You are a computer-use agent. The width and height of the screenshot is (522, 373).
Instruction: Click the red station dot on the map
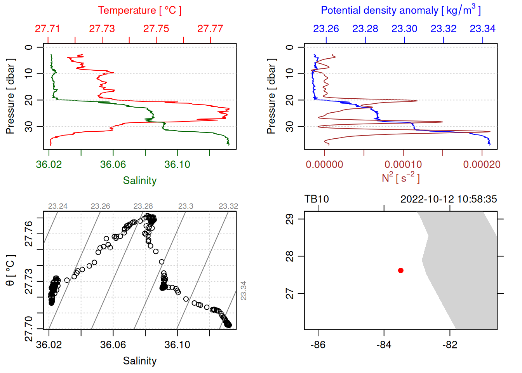pos(401,270)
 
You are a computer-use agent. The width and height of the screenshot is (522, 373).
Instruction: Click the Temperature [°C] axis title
pos(140,10)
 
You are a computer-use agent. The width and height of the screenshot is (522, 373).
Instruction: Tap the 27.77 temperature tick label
pos(210,29)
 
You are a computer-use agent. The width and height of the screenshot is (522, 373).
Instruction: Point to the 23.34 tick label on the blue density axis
pos(483,29)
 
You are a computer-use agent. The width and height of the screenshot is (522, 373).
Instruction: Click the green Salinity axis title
pos(140,181)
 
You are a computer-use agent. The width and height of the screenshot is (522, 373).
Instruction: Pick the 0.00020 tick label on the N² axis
pos(482,164)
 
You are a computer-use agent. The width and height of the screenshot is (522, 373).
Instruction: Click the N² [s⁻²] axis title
pos(401,178)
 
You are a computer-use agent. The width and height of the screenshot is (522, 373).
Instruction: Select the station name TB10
pos(317,199)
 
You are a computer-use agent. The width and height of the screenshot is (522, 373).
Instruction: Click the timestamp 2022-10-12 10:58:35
pos(449,199)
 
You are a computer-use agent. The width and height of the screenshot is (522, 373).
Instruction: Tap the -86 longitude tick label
pos(318,345)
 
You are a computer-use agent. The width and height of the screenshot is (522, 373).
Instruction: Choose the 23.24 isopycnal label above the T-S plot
pos(57,206)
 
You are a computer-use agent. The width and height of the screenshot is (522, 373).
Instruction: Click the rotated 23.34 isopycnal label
pos(244,291)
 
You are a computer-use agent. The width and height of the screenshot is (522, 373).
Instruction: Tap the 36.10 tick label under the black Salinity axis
pos(177,345)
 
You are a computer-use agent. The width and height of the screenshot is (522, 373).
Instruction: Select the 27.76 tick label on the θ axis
pos(29,234)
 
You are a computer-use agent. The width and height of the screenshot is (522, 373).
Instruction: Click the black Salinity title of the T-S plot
pos(140,361)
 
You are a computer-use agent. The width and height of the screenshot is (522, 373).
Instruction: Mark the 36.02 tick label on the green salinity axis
pos(49,164)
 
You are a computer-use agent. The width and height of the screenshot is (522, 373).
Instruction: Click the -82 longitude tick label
pos(450,345)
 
